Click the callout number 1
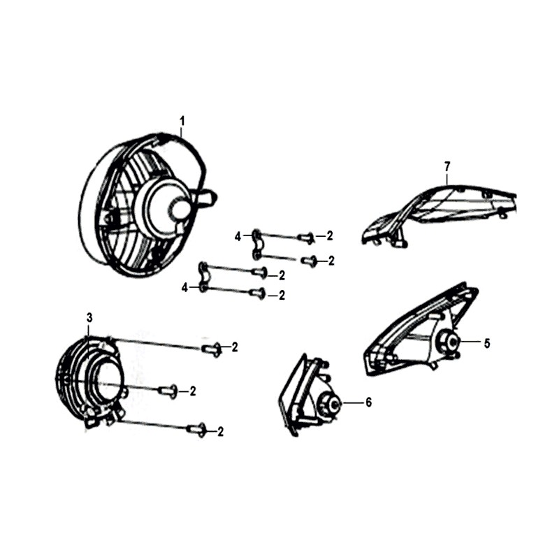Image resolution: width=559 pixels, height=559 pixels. coord(182,121)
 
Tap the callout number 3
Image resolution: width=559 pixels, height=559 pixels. coord(89,317)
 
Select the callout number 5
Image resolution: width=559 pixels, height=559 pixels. coord(487,343)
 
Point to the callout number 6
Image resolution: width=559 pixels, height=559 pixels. coord(368,402)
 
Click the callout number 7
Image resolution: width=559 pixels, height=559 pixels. coord(447,166)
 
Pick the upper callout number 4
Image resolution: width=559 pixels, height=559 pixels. coord(238,236)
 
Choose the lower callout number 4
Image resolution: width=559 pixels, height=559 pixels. coord(184,288)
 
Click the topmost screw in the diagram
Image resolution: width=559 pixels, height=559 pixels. coord(306,238)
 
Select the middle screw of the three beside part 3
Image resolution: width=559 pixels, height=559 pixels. coord(168,391)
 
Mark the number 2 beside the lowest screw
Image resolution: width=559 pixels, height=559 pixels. coord(220,432)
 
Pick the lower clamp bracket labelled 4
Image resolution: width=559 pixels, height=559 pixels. coord(203,277)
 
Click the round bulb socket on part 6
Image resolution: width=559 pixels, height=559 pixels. coord(330,404)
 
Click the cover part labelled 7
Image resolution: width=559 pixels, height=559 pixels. coord(439,213)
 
